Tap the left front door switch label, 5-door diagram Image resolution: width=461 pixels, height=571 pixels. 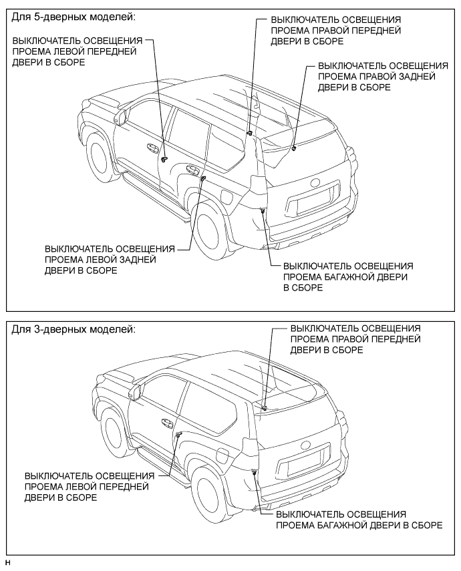point(77,51)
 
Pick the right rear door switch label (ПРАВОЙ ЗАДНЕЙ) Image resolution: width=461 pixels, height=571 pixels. point(383,77)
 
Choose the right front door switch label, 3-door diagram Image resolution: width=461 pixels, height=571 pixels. point(355,339)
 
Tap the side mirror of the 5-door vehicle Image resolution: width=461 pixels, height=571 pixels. point(121,118)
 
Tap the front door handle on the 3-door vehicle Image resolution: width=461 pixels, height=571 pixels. point(164,423)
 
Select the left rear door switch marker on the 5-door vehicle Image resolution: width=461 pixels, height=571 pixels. point(202,178)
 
